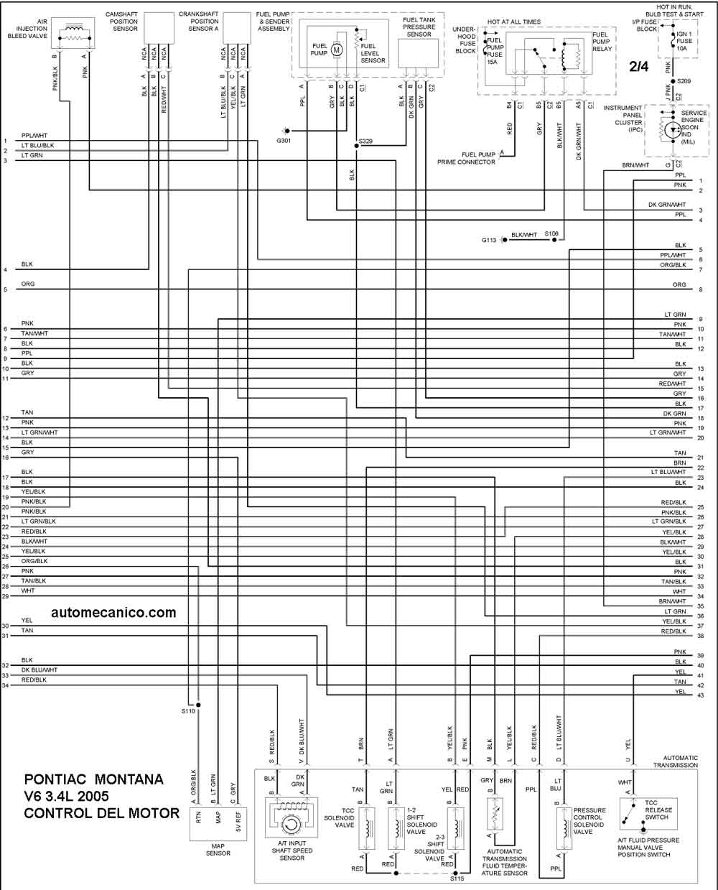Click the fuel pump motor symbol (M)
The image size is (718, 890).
pyautogui.click(x=337, y=50)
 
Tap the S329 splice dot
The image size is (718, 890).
pyautogui.click(x=356, y=146)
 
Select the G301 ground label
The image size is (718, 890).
pyautogui.click(x=284, y=141)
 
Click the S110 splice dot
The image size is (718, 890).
pyautogui.click(x=198, y=705)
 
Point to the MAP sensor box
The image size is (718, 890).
pyautogui.click(x=218, y=824)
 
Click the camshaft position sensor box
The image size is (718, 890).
pyautogui.click(x=159, y=27)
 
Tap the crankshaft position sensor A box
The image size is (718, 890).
pyautogui.click(x=237, y=27)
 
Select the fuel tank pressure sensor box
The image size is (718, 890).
pyautogui.click(x=418, y=53)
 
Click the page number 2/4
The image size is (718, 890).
pyautogui.click(x=639, y=66)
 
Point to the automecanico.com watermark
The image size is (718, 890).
pyautogui.click(x=113, y=613)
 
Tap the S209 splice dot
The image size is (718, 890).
pyautogui.click(x=673, y=81)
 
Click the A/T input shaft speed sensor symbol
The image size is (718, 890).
pyautogui.click(x=291, y=817)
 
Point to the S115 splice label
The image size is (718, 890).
pyautogui.click(x=457, y=879)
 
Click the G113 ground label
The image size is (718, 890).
pyautogui.click(x=489, y=240)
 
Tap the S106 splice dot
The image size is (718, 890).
pyautogui.click(x=555, y=240)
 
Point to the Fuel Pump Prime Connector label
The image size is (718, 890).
pyautogui.click(x=466, y=158)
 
